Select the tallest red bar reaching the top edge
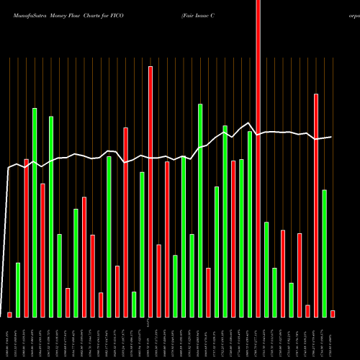(258, 158)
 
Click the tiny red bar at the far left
(10, 315)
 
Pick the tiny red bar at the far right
(333, 313)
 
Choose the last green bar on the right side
(324, 253)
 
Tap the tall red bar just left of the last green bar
(316, 205)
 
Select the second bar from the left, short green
(18, 289)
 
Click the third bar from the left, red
(26, 238)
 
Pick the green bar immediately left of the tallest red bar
(250, 224)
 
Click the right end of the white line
(332, 137)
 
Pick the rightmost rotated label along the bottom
(333, 338)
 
